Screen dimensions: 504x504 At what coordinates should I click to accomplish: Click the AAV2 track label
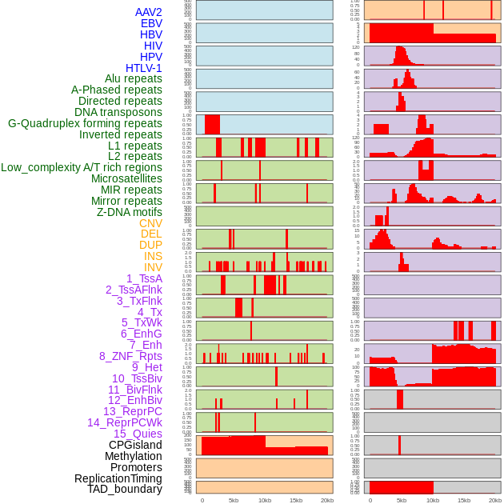tap(149, 12)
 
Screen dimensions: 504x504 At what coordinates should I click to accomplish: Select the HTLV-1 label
tap(144, 68)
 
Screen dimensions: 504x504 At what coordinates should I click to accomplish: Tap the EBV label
tap(151, 23)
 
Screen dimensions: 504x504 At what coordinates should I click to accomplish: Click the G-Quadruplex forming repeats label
tap(85, 123)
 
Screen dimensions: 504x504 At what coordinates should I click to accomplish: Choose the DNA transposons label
tap(118, 112)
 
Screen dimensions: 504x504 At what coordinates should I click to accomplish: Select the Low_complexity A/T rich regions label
tap(82, 167)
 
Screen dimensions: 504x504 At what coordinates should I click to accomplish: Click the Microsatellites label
tap(126, 178)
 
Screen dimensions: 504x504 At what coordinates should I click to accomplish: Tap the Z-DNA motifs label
tap(130, 212)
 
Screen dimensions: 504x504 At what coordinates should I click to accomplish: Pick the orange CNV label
tap(150, 223)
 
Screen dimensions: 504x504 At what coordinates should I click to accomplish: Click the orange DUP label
tap(150, 245)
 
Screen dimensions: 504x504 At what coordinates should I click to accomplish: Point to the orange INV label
tap(153, 267)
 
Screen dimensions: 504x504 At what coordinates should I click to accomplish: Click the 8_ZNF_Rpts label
tap(130, 356)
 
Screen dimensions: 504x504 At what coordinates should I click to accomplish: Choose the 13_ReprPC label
tap(132, 411)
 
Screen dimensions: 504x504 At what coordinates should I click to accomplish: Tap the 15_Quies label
tap(138, 434)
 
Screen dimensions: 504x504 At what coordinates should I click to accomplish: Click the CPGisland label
tap(135, 445)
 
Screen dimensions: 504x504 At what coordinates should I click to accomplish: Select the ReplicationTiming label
tap(118, 478)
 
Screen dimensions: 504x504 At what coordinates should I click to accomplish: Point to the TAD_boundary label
tap(125, 489)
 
